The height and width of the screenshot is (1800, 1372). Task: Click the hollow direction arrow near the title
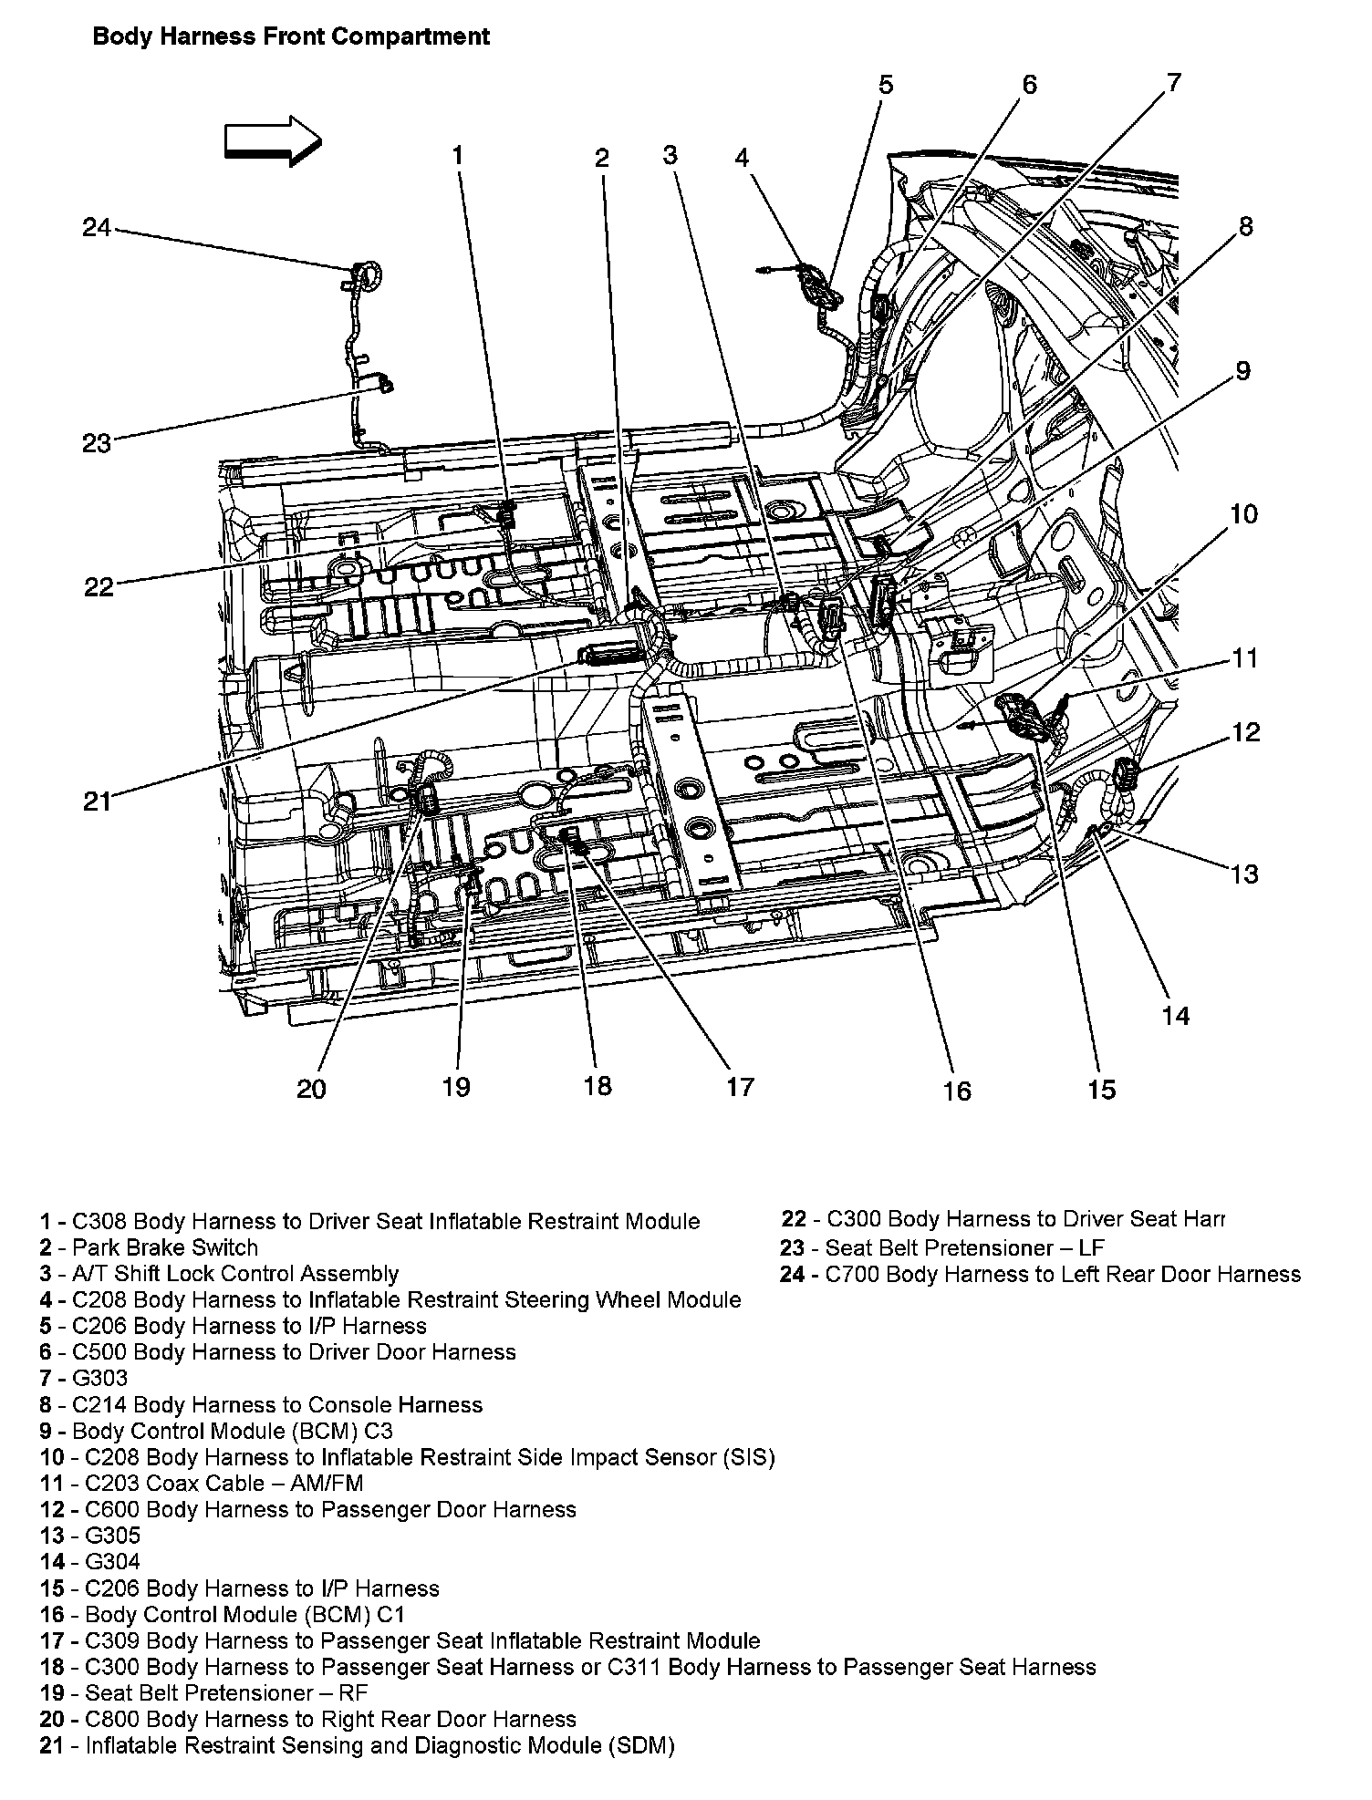tap(272, 140)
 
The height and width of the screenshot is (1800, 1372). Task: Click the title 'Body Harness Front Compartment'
tap(291, 36)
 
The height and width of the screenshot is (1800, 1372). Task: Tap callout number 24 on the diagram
tap(97, 226)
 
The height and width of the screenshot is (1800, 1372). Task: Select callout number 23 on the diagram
tap(96, 443)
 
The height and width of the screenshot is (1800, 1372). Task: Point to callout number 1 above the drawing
tap(458, 156)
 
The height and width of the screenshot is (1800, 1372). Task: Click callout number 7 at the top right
tap(1172, 83)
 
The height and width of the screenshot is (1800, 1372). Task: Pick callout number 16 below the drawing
tap(957, 1090)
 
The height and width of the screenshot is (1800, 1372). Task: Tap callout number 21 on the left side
tap(97, 802)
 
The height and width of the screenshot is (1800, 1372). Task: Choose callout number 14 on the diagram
tap(1176, 1015)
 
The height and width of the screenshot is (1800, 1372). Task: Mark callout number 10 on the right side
tap(1243, 514)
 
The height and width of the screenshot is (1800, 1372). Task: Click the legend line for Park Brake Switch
tap(149, 1247)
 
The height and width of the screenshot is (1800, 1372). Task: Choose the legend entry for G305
tap(89, 1536)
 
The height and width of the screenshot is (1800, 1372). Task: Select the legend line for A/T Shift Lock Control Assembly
tap(219, 1274)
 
